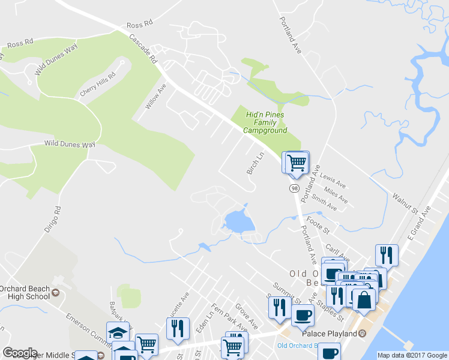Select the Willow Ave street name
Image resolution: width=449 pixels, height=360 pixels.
point(155,97)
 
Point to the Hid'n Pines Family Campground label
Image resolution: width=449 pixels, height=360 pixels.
point(265,122)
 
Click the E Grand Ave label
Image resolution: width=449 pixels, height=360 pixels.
point(418,223)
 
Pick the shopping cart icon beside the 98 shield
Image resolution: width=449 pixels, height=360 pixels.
point(295,162)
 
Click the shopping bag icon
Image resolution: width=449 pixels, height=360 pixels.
point(363,299)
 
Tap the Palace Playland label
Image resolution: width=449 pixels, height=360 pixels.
point(329,333)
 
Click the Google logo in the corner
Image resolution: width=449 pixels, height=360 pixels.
point(20,353)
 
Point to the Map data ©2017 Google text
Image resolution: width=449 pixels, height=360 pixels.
point(412,355)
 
